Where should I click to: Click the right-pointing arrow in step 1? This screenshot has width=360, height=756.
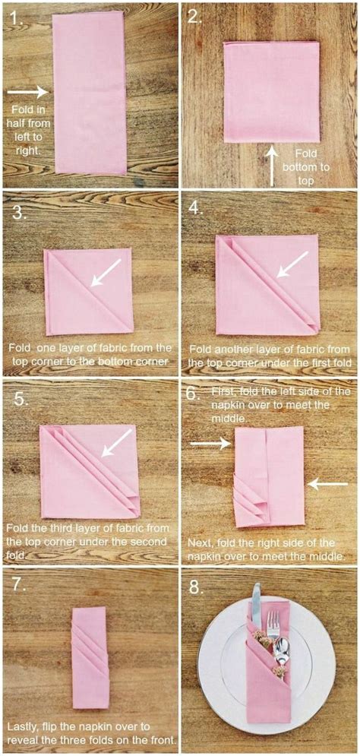28,92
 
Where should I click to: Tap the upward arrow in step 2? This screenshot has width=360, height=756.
273,166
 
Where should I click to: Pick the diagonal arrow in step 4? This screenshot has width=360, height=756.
292,264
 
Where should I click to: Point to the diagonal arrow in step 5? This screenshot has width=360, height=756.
116,443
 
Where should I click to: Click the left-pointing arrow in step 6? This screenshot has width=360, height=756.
327,483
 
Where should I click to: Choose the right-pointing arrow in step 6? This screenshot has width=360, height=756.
211,443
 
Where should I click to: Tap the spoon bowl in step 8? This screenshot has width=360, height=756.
280,648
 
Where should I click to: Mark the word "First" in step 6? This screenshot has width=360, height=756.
223,392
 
